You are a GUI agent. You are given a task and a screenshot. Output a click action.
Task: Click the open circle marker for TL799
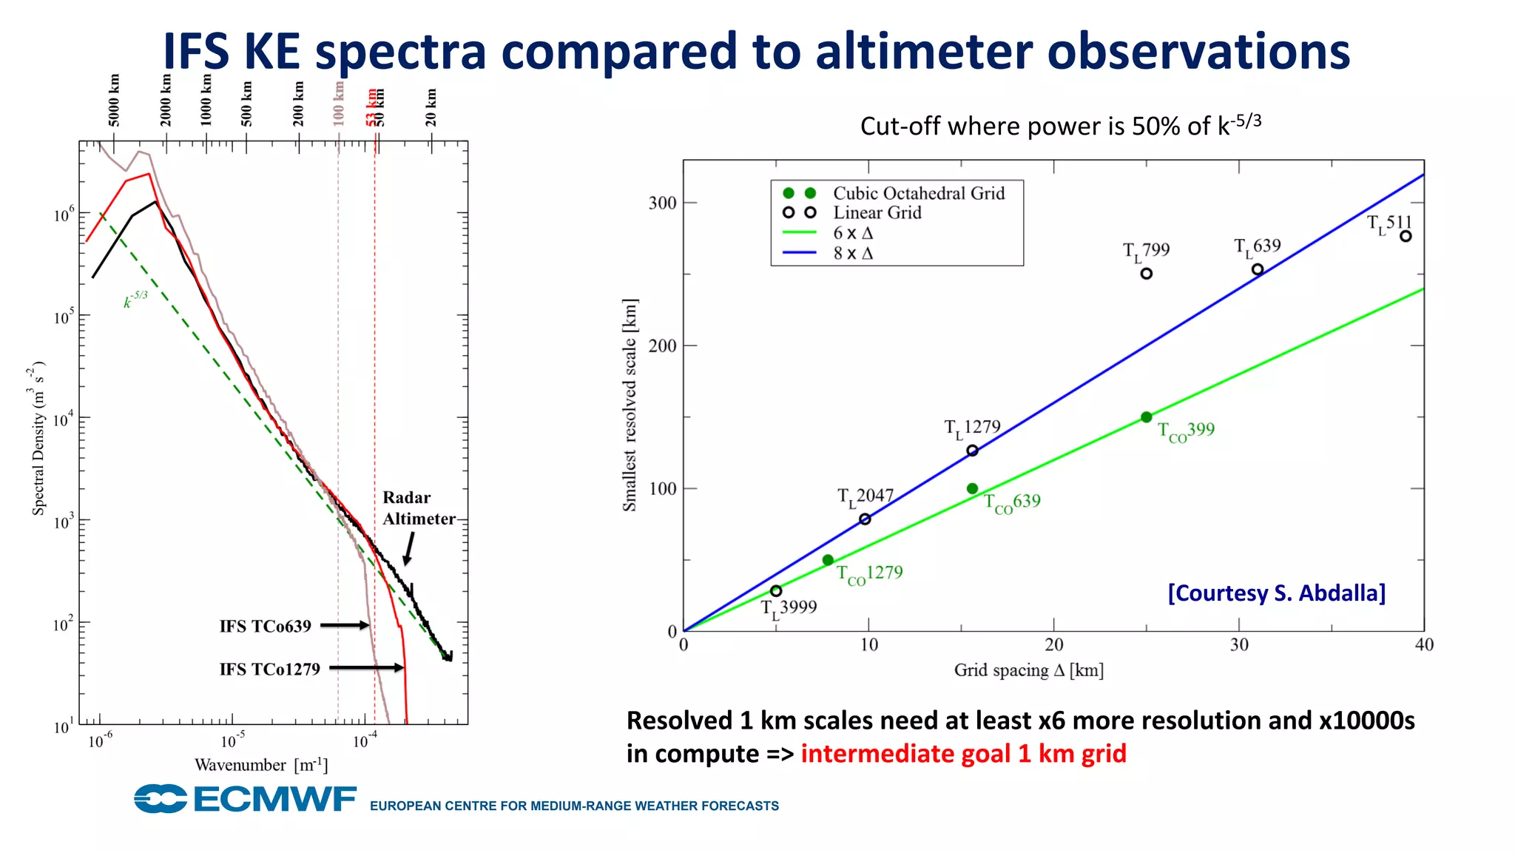coord(1146,274)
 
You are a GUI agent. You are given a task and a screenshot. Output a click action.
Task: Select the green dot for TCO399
coord(1146,417)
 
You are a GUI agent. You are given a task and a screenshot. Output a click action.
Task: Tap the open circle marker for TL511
coord(1406,237)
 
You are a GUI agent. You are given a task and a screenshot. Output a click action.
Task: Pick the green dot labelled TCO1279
coord(828,560)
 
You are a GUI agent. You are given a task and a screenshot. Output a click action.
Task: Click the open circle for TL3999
coord(775,591)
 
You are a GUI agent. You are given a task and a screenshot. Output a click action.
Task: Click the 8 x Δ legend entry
coord(852,253)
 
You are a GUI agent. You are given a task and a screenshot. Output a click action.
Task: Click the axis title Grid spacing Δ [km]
coord(1028,670)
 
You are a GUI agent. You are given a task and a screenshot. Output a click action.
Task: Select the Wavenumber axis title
coord(260,765)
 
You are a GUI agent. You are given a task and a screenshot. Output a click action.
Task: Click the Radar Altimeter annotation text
coord(417,508)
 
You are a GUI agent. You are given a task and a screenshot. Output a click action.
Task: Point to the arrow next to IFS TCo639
coord(344,625)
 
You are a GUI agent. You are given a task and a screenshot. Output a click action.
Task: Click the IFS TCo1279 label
coord(269,669)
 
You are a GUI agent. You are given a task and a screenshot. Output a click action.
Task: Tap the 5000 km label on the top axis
coord(114,101)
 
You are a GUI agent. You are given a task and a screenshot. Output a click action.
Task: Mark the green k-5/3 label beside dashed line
coord(135,300)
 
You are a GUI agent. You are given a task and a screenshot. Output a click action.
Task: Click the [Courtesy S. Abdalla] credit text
coord(1276,593)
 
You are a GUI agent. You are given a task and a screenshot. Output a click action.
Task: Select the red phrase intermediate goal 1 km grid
coord(963,754)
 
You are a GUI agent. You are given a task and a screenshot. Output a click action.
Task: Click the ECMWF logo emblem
coord(161,799)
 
